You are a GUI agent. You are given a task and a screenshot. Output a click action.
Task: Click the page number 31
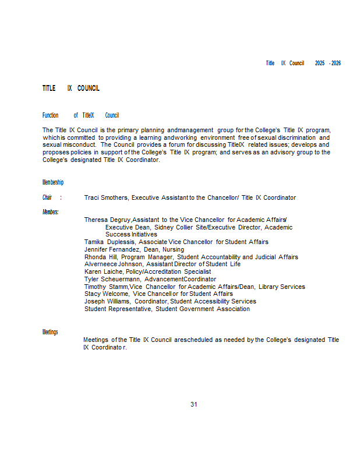pyautogui.click(x=194, y=404)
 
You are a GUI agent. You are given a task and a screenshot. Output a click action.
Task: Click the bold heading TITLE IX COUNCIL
pyautogui.click(x=70, y=89)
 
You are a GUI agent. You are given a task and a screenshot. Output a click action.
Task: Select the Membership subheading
pyautogui.click(x=52, y=183)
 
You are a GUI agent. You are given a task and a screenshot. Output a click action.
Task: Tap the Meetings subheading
pyautogui.click(x=50, y=332)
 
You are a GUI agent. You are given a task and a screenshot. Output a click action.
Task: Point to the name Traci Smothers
pyautogui.click(x=106, y=198)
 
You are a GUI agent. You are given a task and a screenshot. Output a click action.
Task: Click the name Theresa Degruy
pyautogui.click(x=107, y=220)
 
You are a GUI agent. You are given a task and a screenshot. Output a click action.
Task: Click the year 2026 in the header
pyautogui.click(x=336, y=63)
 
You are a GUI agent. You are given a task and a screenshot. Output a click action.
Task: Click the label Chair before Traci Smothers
pyautogui.click(x=47, y=198)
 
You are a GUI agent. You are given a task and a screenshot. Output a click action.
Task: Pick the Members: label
pyautogui.click(x=51, y=212)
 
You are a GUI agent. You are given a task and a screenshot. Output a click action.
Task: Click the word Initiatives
pyautogui.click(x=123, y=234)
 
